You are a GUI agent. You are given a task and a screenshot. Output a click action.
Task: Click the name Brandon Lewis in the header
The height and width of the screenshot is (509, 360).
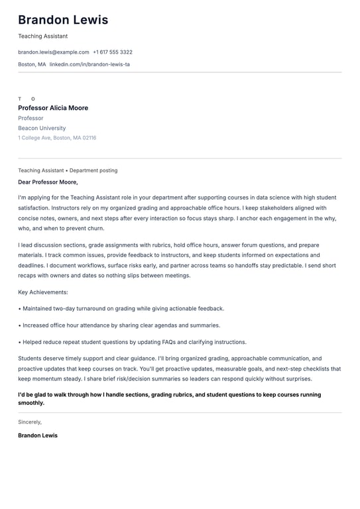[x=63, y=20]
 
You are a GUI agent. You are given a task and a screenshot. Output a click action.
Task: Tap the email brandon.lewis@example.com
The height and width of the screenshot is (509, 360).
[x=53, y=52]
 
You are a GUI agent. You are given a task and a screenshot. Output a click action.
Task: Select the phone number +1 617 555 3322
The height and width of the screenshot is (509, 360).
[x=113, y=52]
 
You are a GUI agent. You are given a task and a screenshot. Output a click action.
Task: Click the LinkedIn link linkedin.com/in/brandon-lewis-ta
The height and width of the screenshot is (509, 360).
[x=90, y=64]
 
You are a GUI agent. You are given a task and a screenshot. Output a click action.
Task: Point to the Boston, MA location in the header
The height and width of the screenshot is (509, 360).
[x=32, y=64]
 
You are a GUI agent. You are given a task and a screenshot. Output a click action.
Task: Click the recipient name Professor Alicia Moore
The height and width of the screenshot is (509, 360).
[x=53, y=108]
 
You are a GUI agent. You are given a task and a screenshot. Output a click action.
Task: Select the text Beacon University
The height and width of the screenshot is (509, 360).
[x=42, y=128]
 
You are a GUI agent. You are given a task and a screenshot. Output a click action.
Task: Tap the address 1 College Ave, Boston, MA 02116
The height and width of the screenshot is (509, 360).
[x=57, y=138]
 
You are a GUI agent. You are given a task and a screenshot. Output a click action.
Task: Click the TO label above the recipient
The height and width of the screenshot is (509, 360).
[x=27, y=99]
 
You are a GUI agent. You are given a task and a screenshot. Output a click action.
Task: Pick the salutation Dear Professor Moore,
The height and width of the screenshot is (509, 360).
[x=48, y=182]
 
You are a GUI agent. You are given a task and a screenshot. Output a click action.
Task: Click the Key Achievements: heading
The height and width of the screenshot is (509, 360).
[x=43, y=292]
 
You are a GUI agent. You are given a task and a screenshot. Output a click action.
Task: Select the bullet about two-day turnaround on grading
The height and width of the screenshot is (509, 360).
[x=123, y=308]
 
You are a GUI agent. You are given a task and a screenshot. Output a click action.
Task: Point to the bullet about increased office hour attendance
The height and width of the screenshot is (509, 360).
[x=121, y=325]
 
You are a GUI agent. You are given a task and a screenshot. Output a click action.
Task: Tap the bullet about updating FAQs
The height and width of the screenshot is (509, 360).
[x=134, y=342]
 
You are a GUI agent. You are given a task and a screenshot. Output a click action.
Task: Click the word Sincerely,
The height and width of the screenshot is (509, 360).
[x=30, y=422]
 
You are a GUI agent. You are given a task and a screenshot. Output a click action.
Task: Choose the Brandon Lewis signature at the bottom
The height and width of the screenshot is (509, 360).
[x=38, y=435]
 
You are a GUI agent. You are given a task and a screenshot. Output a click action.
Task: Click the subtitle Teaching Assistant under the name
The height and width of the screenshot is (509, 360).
[x=42, y=36]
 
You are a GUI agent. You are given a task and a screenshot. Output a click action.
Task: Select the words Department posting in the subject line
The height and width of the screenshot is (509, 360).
[x=93, y=170]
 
